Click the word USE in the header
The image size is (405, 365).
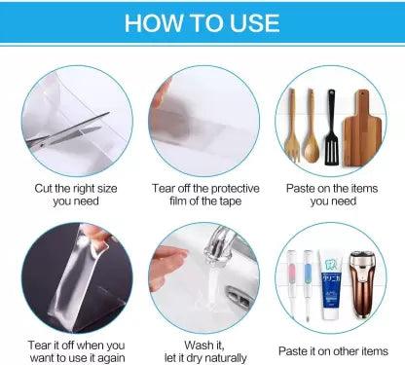[254, 23]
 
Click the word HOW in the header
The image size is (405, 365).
[154, 23]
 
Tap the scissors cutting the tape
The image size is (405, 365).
[68, 130]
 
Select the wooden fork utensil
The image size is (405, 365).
[292, 126]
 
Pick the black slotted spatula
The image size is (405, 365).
[331, 128]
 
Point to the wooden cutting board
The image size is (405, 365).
[362, 128]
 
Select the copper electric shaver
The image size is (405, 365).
[362, 283]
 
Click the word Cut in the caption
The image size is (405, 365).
[43, 188]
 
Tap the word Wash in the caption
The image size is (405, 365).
[199, 345]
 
